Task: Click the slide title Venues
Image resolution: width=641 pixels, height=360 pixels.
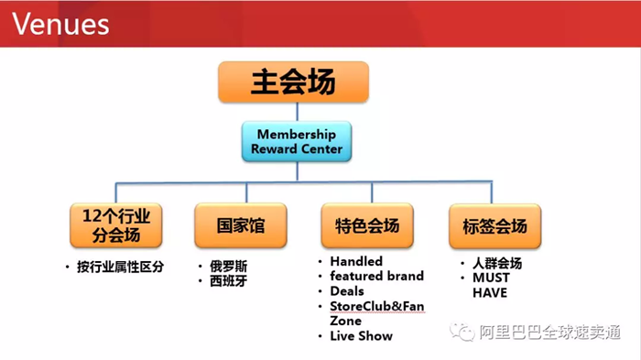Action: (60, 22)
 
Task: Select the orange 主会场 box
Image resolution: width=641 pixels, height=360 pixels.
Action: (293, 82)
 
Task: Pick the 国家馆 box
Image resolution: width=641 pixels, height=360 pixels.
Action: (241, 224)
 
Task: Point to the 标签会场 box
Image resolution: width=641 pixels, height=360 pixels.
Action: (494, 224)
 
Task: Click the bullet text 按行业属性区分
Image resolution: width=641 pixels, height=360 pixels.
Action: (119, 267)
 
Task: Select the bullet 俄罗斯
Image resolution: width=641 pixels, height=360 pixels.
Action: (228, 267)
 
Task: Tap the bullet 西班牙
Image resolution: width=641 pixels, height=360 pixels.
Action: (228, 281)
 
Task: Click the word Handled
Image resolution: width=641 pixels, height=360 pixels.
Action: (356, 261)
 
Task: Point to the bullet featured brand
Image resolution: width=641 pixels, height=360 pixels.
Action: (376, 276)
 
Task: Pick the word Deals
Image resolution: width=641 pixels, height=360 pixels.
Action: (347, 291)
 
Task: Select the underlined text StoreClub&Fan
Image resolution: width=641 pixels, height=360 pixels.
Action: (376, 306)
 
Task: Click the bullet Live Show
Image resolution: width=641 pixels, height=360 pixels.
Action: (361, 336)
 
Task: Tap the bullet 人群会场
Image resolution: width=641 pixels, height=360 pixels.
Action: (496, 263)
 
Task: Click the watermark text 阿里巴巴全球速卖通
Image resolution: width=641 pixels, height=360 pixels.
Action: (550, 332)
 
